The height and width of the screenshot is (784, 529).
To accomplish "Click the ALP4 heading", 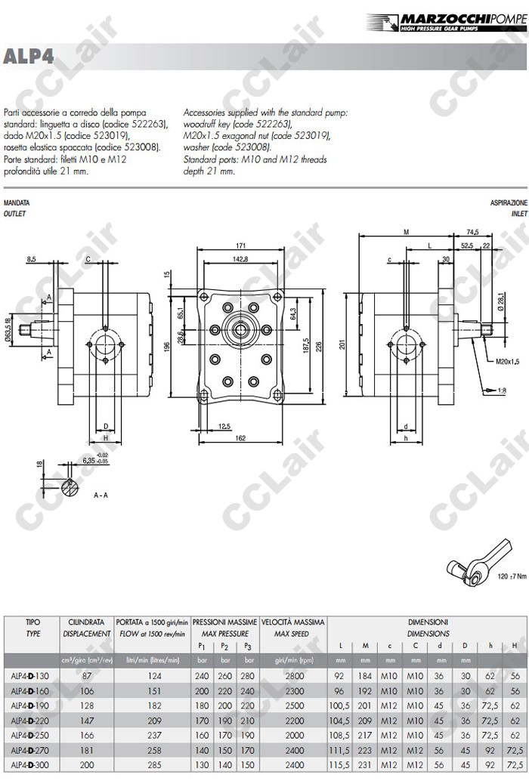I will point(28,57).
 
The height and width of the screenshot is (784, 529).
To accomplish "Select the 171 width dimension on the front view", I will point(241,246).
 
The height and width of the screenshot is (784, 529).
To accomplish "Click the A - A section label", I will point(101,495).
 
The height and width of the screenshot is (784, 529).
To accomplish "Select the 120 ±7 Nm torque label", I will point(512,577).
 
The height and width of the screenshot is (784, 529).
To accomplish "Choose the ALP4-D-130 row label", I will point(30,676).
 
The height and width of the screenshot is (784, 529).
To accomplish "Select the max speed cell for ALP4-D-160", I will point(293,691).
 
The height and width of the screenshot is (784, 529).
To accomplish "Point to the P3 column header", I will point(246,647).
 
